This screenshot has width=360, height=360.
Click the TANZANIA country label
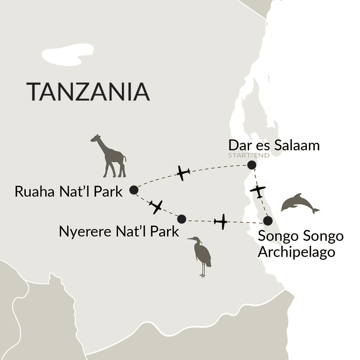[x=88, y=92]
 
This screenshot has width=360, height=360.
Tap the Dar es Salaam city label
[x=274, y=145]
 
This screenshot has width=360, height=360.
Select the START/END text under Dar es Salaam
[x=249, y=155]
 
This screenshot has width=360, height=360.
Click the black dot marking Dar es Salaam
[x=251, y=165]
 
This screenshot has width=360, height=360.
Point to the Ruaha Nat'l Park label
[x=68, y=191]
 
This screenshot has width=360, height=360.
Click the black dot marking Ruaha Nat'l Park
[x=134, y=190]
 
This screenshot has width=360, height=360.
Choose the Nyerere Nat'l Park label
[x=119, y=231]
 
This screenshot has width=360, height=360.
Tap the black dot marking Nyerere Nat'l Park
[x=181, y=219]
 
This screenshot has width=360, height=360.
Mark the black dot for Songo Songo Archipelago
[x=268, y=221]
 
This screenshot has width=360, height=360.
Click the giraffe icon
[x=110, y=155]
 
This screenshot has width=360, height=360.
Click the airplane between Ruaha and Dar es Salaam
[x=183, y=173]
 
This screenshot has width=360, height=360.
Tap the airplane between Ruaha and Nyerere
[x=156, y=207]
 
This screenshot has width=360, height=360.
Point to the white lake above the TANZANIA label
[x=68, y=55]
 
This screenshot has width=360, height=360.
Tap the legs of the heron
[x=202, y=271]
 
